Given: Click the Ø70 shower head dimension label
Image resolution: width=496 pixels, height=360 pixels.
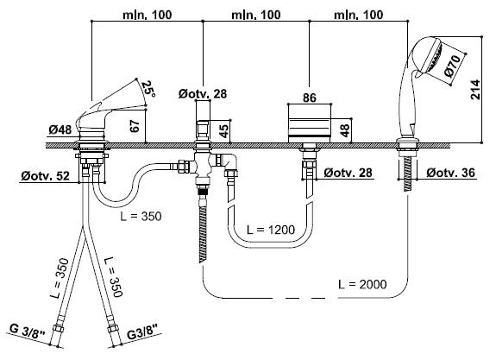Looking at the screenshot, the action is tap(453, 66).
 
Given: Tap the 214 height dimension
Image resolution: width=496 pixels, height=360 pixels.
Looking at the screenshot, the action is tap(475, 90).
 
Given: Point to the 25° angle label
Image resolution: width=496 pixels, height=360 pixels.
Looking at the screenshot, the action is tap(148, 90).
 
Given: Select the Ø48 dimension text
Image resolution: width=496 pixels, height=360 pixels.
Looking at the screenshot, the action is tap(60, 129).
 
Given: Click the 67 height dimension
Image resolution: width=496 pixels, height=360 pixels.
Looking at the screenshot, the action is tap(135, 126).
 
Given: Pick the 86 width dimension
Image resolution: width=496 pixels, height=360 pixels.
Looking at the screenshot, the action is tap(309, 98).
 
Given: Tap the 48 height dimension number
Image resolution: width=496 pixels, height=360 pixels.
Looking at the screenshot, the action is tap(345, 130).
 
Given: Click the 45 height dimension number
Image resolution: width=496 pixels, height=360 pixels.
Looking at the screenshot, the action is tap(223, 131).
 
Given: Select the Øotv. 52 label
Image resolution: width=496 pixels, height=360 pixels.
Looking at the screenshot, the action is tap(45, 176).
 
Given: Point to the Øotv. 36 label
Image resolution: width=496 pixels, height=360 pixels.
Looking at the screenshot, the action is tap(450, 173).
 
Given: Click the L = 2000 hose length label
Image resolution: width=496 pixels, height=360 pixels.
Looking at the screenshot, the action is tap(362, 284).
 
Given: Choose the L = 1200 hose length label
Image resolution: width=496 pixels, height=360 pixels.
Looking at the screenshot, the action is tap(271, 230).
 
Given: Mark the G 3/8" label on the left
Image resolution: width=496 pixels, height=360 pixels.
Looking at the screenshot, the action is tap(28, 332).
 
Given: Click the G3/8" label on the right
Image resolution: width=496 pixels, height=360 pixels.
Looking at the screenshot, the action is tap(142, 333).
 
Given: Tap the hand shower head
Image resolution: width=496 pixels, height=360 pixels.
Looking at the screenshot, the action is tap(427, 58).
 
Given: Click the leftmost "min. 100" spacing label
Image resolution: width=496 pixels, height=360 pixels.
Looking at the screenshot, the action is tap(148, 15).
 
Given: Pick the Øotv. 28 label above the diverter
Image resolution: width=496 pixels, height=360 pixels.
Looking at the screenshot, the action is tap(203, 94).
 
